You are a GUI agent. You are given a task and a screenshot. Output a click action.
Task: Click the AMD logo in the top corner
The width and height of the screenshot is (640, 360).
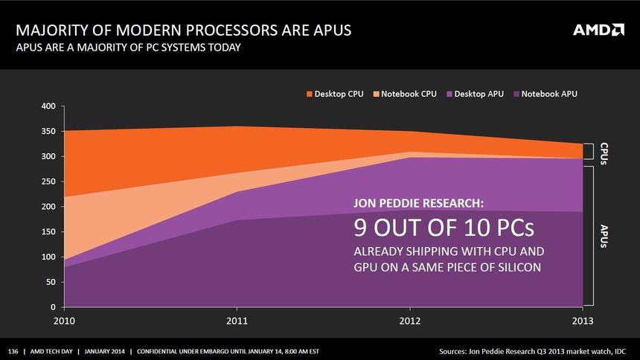[x=598, y=30]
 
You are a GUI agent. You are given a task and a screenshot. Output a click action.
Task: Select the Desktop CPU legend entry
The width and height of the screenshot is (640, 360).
[x=335, y=94]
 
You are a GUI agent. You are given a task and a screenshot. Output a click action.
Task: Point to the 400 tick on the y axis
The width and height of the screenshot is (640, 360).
[x=48, y=106]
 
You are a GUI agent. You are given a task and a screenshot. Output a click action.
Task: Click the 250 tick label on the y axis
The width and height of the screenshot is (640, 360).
[x=48, y=181]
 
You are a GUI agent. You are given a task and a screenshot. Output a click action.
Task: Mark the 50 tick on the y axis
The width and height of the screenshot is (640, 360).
[x=51, y=283]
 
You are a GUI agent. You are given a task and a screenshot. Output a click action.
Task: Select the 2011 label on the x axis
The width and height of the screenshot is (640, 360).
[x=237, y=322]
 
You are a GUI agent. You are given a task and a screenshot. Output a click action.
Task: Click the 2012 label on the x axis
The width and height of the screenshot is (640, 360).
[x=409, y=322]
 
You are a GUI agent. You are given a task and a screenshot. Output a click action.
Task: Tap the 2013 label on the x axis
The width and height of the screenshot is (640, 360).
[x=582, y=322]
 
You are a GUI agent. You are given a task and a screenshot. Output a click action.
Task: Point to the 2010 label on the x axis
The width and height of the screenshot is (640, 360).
[x=65, y=322]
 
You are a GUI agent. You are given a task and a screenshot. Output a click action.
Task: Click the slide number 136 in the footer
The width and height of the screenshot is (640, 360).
[x=13, y=350]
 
